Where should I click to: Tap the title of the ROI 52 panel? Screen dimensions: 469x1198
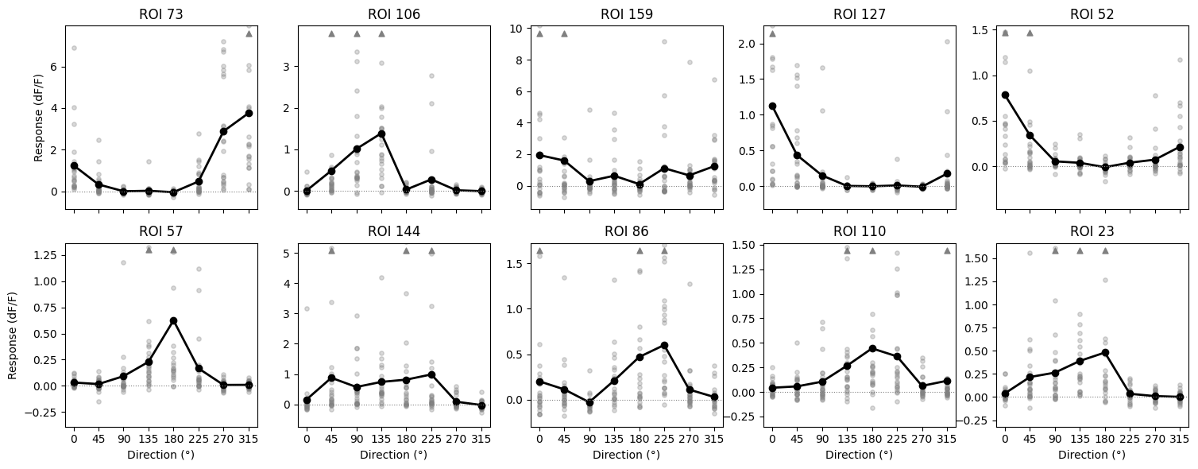point(1092,14)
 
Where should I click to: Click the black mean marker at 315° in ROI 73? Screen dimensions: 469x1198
point(249,113)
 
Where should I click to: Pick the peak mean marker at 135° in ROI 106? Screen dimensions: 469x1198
point(381,134)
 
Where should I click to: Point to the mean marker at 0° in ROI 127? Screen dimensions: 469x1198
point(772,106)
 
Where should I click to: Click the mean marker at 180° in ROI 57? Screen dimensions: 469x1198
point(173,320)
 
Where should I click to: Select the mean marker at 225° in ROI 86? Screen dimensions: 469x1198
point(664,345)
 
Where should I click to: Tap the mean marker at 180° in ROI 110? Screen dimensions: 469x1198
point(872,348)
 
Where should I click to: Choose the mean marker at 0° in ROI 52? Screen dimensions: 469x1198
point(1005,95)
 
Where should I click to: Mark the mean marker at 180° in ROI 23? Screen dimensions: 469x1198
point(1105,352)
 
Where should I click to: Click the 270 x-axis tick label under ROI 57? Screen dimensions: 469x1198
point(223,438)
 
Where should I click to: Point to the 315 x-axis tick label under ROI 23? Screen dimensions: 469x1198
point(1180,438)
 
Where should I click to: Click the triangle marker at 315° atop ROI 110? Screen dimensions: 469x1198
point(947,250)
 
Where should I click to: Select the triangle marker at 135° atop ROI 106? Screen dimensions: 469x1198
point(381,33)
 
